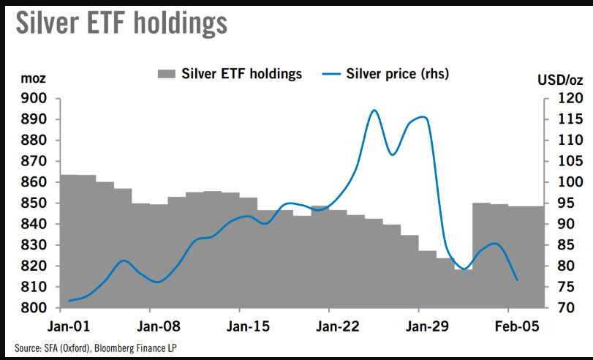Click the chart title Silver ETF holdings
coord(121,23)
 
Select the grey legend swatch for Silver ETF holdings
coord(167,73)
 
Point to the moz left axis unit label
coord(33,78)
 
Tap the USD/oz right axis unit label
coord(559,78)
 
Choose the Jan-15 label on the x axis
coord(241,326)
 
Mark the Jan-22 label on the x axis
coord(331,326)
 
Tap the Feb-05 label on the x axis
coord(512,326)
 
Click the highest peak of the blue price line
coord(374,110)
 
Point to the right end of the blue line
coord(518,280)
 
